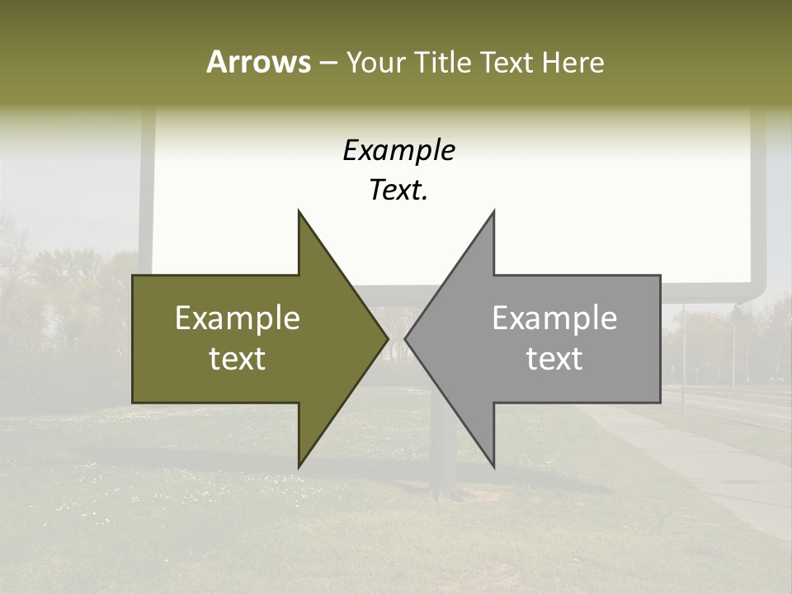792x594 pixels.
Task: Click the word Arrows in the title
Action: coord(258,62)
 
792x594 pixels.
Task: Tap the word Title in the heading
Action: coord(443,62)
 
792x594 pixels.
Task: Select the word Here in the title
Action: coord(573,62)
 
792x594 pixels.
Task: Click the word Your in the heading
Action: coord(375,63)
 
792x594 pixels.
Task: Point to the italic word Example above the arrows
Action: coord(398,151)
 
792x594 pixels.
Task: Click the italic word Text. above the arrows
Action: coord(398,191)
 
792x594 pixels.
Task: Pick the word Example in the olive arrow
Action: coord(238,318)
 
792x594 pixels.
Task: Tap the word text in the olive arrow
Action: coord(238,359)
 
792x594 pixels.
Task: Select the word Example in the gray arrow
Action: coord(554,318)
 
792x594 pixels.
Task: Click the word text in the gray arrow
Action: coord(554,359)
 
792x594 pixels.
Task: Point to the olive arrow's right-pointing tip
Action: coord(386,338)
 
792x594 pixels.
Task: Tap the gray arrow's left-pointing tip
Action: coord(406,338)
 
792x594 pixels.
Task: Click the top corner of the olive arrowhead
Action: coord(299,213)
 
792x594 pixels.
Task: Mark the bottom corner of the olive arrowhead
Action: coord(299,466)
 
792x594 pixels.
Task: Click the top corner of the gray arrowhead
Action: coord(493,213)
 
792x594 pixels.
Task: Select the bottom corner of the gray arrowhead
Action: coord(493,466)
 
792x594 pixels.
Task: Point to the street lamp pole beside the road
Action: coord(683,346)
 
